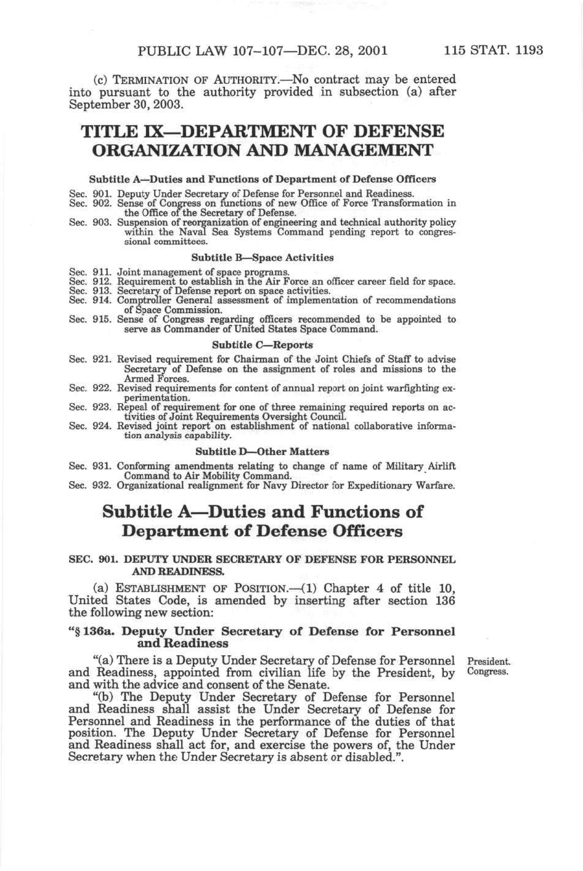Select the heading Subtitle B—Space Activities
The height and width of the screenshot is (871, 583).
click(263, 258)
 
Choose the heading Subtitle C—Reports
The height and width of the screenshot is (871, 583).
click(263, 345)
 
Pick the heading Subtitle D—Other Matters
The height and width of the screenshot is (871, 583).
click(263, 452)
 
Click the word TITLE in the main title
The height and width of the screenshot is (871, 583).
click(111, 132)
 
